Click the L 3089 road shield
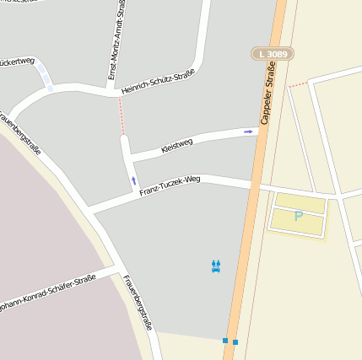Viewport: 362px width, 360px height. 272,54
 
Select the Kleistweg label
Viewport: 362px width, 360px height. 177,145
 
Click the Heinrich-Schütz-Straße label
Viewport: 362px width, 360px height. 158,82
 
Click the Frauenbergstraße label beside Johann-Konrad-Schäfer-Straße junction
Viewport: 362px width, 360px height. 137,302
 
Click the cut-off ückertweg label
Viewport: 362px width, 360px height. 18,62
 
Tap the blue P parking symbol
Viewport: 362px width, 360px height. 298,217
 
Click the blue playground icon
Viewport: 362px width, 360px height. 217,266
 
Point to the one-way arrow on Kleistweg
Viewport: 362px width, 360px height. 248,132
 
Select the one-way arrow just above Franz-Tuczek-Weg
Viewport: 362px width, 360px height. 133,180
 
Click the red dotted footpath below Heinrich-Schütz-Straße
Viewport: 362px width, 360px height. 122,115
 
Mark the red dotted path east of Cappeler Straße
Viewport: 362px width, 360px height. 298,84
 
